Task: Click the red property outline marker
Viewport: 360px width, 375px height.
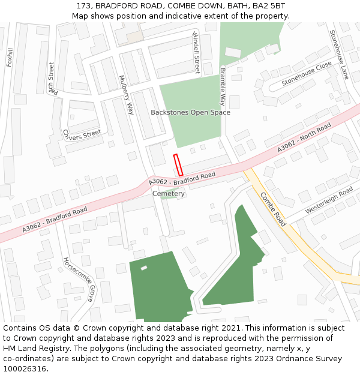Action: coord(178,165)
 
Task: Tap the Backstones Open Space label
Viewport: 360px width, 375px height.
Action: coord(190,112)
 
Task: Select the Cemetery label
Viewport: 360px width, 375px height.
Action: coord(169,194)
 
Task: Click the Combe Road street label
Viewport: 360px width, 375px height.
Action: coord(273,208)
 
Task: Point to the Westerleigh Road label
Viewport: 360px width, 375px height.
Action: coord(329,201)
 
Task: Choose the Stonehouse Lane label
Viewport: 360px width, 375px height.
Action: coord(339,55)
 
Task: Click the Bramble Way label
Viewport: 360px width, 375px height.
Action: coord(223,86)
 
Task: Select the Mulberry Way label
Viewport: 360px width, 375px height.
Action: coord(127,95)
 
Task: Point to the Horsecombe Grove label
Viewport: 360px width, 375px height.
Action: coord(79,279)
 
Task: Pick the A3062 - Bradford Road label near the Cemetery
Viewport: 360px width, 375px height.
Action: coord(182,178)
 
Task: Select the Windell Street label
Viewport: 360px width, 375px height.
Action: coord(196,53)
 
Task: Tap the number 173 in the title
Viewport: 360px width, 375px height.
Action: coord(83,5)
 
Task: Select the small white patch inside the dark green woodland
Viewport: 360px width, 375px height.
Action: coord(144,268)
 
